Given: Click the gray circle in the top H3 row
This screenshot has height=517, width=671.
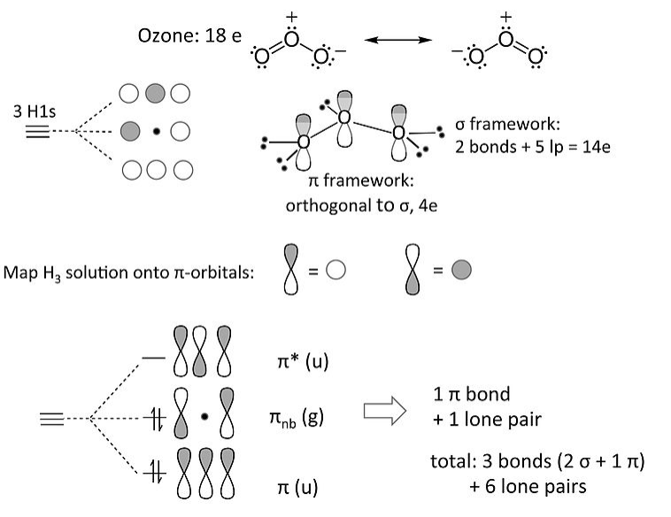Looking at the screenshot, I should [155, 94].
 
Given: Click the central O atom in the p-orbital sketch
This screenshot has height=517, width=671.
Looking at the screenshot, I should [344, 117].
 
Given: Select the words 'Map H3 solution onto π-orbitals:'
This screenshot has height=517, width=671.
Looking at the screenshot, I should [129, 272].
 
